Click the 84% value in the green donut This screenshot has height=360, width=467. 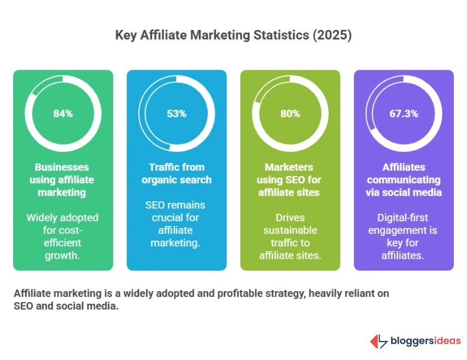click(x=63, y=113)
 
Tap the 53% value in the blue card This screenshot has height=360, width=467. click(x=177, y=113)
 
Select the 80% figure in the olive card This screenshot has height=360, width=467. click(x=290, y=113)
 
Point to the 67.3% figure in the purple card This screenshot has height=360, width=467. click(x=404, y=113)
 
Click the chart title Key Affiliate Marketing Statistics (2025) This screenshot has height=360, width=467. click(x=233, y=35)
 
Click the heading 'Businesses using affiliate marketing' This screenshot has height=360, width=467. click(x=63, y=180)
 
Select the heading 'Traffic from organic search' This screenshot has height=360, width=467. click(x=177, y=173)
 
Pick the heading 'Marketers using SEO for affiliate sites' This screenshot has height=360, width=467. click(x=290, y=180)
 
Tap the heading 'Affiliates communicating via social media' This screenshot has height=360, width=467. click(x=404, y=180)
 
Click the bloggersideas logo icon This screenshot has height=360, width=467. click(x=378, y=341)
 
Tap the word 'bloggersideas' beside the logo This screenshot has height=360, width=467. click(x=425, y=341)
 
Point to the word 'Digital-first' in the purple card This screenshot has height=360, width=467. click(x=404, y=218)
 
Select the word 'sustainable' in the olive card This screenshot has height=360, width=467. click(x=290, y=231)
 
